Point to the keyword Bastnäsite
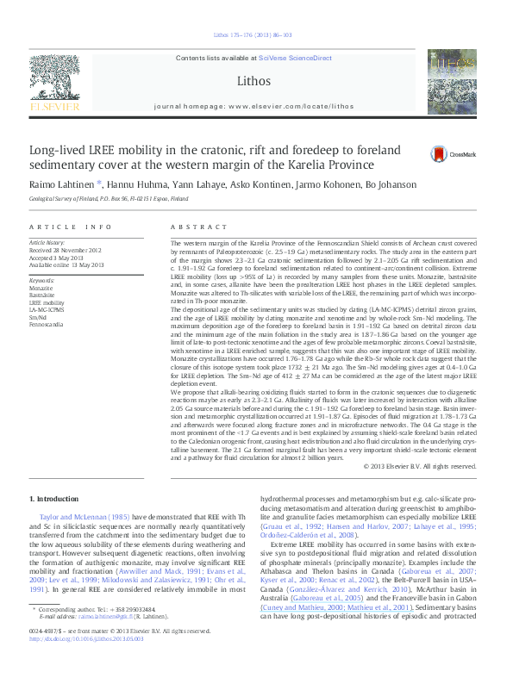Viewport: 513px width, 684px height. pyautogui.click(x=42, y=295)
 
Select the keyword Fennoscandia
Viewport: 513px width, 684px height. pyautogui.click(x=45, y=324)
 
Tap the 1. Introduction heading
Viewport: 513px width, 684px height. pyautogui.click(x=57, y=498)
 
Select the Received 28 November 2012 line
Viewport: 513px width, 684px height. pyautogui.click(x=66, y=251)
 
